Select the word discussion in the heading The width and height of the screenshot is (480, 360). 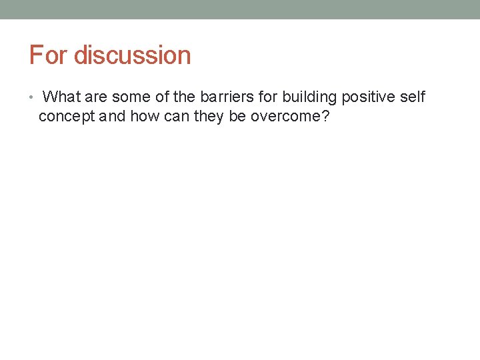tap(132, 55)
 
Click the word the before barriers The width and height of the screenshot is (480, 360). tap(185, 97)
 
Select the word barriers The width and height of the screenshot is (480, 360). tap(227, 97)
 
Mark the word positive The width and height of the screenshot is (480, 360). tap(369, 97)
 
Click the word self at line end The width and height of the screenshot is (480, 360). tap(413, 97)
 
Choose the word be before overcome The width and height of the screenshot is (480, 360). tap(237, 117)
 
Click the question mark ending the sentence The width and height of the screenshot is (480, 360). tap(325, 117)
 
